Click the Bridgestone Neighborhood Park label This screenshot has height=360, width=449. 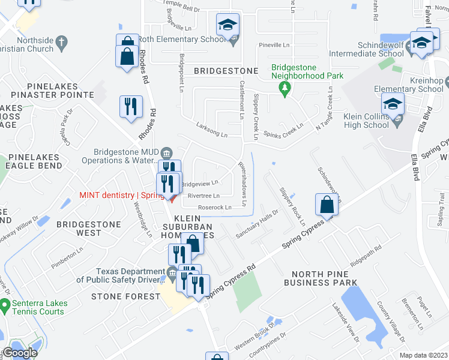pyautogui.click(x=307, y=72)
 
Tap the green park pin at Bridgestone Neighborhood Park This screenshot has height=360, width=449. pyautogui.click(x=285, y=88)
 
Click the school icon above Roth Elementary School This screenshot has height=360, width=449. pyautogui.click(x=228, y=25)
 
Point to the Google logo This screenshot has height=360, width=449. pyautogui.click(x=20, y=353)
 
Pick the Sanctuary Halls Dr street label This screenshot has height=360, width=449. pyautogui.click(x=258, y=224)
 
